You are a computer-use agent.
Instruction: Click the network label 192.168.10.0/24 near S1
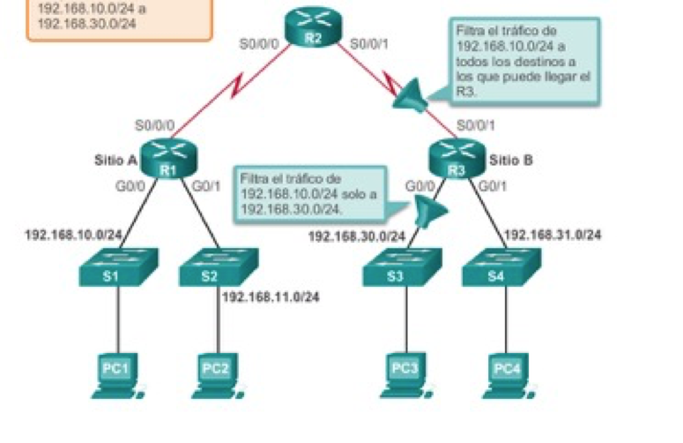(73, 235)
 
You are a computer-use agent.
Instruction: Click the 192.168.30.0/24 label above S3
(356, 236)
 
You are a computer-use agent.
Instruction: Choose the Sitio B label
(511, 161)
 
